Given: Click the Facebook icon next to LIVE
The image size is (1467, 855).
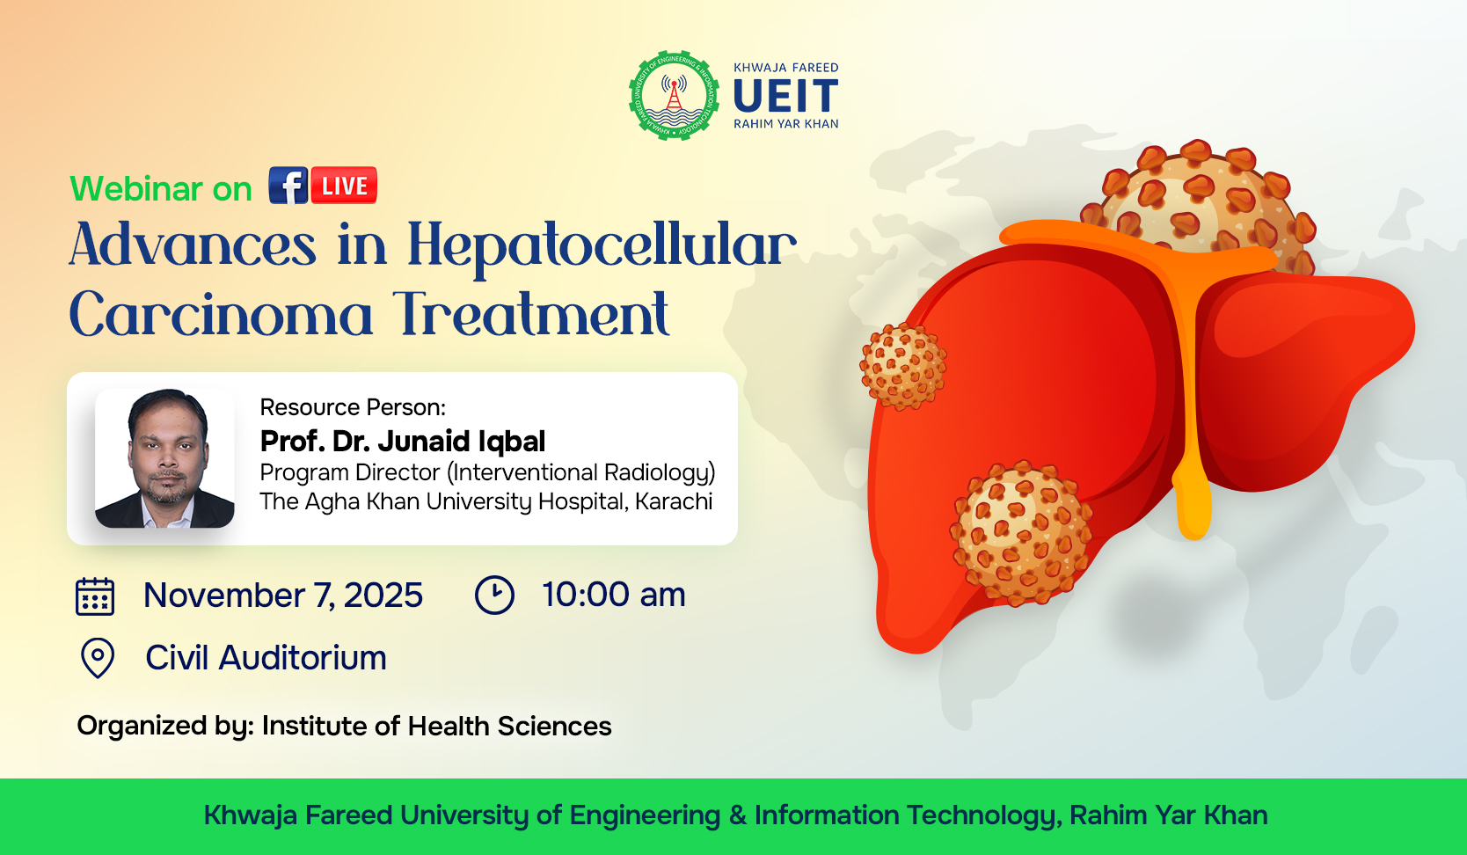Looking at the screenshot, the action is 288,186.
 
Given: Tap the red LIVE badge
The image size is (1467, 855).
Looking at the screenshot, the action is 345,186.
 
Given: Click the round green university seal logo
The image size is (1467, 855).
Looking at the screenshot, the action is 674,96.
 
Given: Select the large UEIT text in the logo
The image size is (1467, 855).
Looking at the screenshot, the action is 786,96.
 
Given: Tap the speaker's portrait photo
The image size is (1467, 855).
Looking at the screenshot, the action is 164,458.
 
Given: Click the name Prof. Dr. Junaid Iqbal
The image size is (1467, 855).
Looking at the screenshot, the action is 403,441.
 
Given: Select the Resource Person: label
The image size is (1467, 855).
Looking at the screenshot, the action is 353,407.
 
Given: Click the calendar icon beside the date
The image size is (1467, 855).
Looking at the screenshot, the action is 95,596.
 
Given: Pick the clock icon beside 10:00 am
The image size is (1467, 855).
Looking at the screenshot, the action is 494,595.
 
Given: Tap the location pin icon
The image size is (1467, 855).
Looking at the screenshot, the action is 98,658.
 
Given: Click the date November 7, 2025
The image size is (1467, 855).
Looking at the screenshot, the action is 283,596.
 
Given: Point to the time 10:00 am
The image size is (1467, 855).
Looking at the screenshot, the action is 614,595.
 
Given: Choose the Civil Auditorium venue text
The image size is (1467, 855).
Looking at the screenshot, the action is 266,658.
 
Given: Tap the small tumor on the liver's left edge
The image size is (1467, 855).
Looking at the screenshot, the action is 902,366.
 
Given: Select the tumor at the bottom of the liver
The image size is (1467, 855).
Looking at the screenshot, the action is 1022,533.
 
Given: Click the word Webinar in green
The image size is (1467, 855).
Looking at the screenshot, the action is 136,189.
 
